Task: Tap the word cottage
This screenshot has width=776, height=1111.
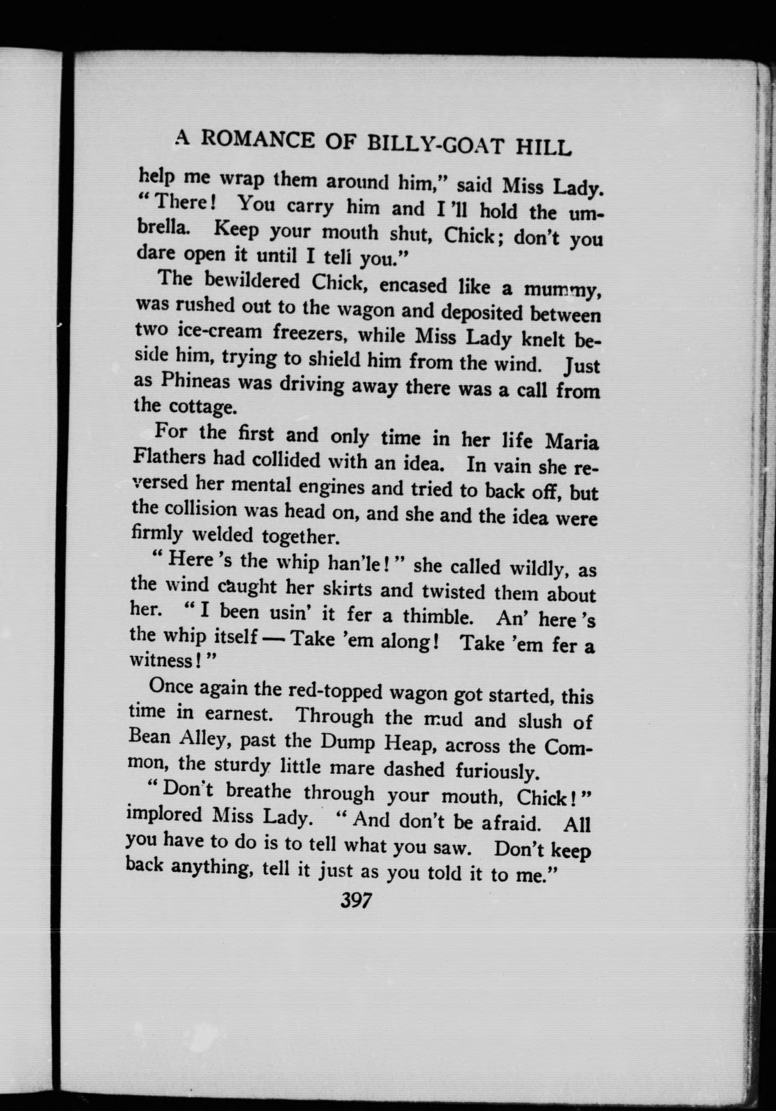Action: pyautogui.click(x=203, y=406)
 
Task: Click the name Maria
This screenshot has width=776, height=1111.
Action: pyautogui.click(x=572, y=442)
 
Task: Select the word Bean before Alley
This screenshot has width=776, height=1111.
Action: pyautogui.click(x=149, y=738)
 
